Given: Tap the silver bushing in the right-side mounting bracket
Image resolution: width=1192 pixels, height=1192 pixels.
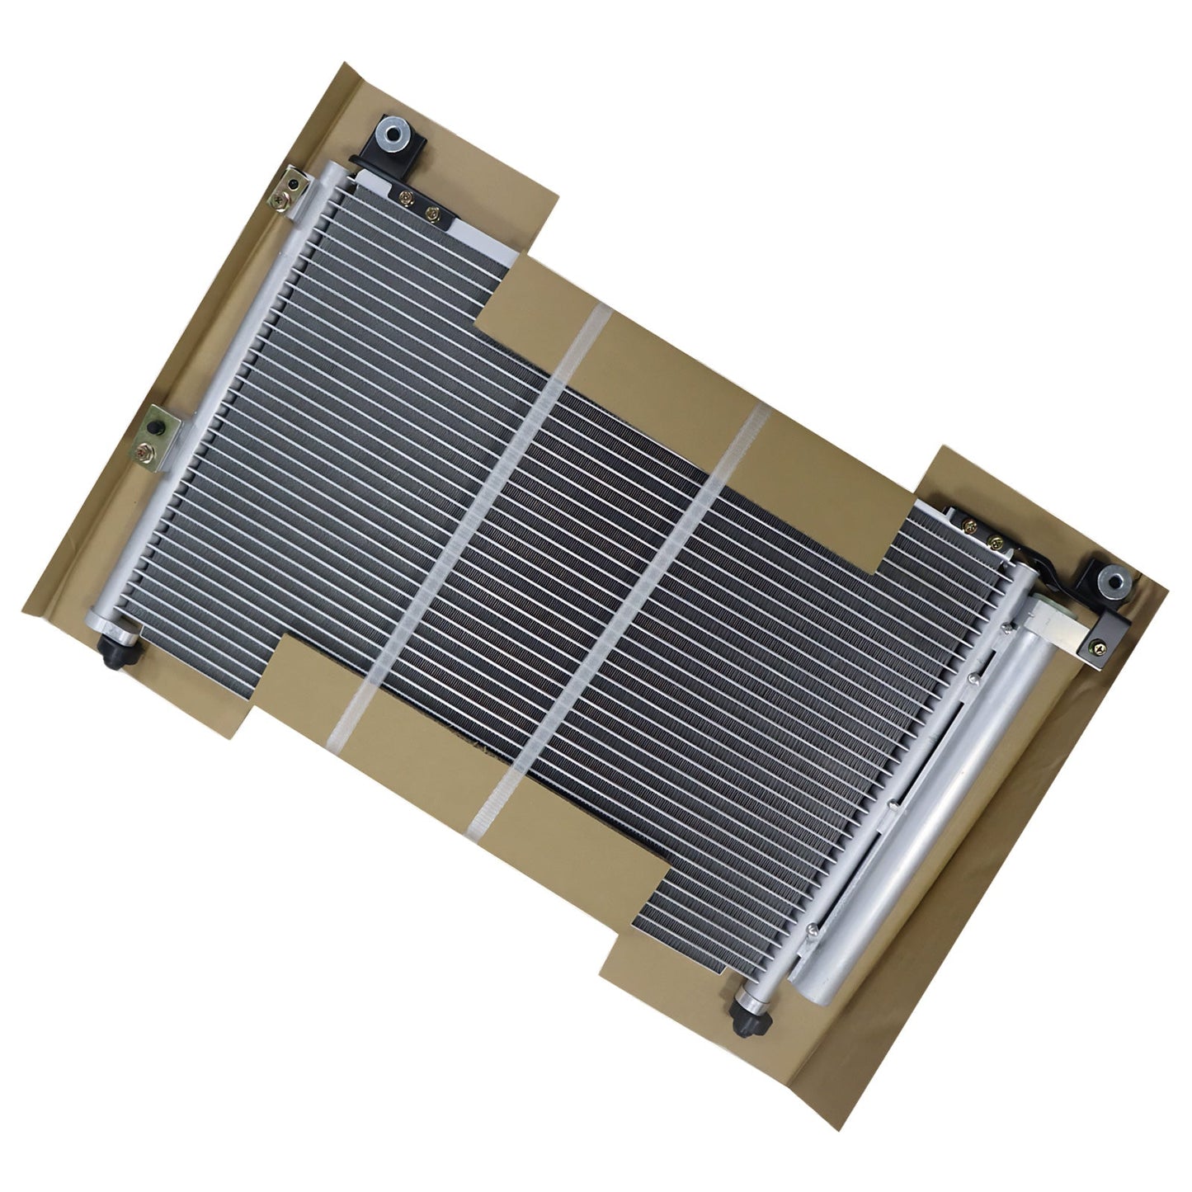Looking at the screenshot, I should point(1116,580).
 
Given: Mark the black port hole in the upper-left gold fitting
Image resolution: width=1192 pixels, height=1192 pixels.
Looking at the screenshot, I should point(294,181).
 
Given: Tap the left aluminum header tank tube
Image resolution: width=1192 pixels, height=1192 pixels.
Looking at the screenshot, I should point(206,396).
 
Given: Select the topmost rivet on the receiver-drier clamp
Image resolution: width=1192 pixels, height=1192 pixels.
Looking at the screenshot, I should point(1006,631).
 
